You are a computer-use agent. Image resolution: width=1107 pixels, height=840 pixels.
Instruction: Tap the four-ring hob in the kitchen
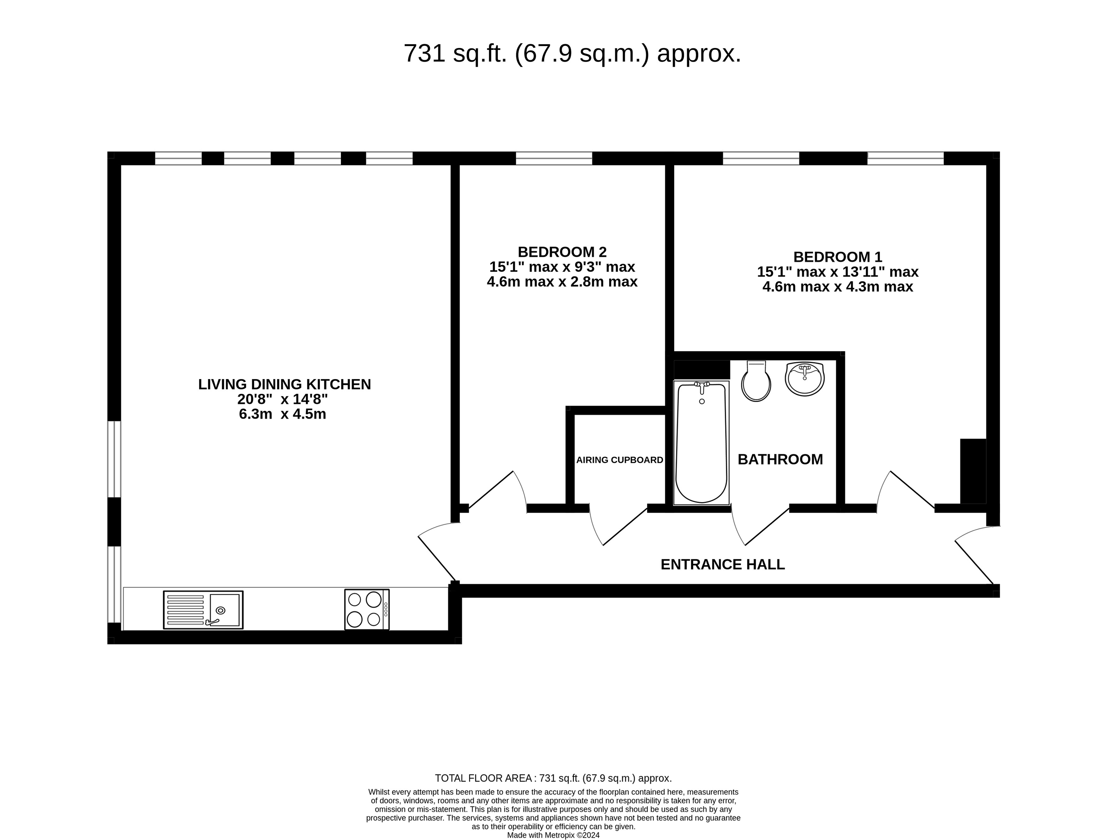click(366, 609)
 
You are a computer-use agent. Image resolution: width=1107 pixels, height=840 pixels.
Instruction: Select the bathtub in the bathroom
click(701, 443)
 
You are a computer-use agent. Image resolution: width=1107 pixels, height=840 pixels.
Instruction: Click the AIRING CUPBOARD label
click(620, 459)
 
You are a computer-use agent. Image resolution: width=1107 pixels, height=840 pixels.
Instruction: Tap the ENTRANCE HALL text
click(722, 564)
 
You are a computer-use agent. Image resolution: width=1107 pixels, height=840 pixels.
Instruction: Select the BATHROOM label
click(780, 459)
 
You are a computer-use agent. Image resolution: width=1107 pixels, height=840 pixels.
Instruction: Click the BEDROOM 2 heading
click(562, 251)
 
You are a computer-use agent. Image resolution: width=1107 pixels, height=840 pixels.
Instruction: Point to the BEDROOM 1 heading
click(837, 257)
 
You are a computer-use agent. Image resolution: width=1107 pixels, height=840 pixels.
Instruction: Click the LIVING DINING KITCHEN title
click(284, 385)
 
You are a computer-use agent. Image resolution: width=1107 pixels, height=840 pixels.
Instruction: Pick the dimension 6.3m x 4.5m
click(282, 414)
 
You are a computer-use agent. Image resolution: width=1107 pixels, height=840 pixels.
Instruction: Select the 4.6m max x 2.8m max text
click(562, 282)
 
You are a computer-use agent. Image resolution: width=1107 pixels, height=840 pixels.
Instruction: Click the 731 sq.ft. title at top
click(572, 54)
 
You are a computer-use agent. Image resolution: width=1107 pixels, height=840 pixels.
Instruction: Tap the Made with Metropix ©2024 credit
click(553, 835)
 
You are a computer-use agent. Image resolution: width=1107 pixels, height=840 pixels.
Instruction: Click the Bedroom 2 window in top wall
click(553, 158)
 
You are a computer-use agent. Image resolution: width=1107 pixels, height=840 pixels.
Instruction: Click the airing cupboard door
click(618, 526)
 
